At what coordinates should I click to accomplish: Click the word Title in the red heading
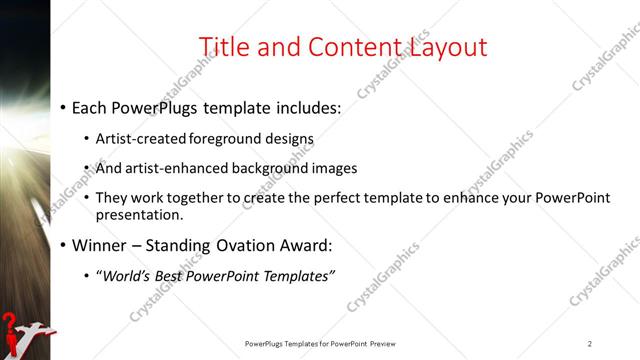[x=223, y=47]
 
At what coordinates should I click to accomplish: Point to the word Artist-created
[x=137, y=139]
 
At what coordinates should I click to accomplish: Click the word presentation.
[x=139, y=214]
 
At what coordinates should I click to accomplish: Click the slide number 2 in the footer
[x=590, y=343]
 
